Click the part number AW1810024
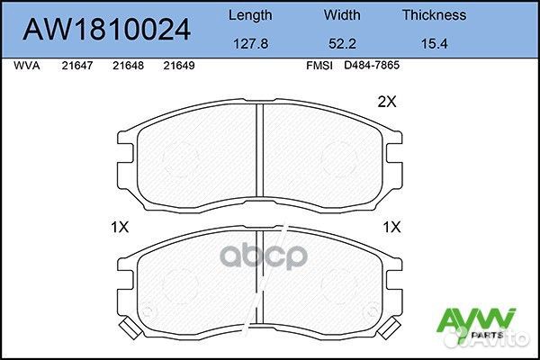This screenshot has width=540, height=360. pyautogui.click(x=106, y=30)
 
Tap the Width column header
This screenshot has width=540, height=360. pyautogui.click(x=341, y=15)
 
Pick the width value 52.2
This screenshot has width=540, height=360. pyautogui.click(x=341, y=42)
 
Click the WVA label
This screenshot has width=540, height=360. pyautogui.click(x=27, y=66)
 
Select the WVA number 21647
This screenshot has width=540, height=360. pyautogui.click(x=78, y=66)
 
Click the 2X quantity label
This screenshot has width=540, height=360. pyautogui.click(x=386, y=103)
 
